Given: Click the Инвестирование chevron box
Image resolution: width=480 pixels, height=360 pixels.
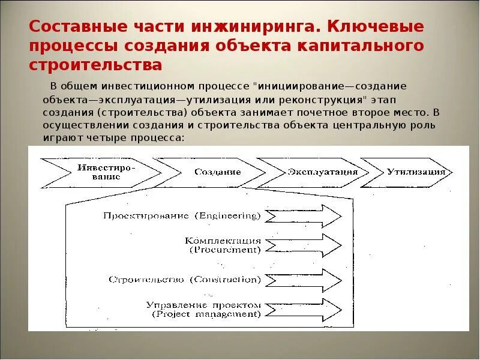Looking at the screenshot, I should tap(99, 172).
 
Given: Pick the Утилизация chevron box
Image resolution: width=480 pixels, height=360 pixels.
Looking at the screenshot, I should tap(408, 172).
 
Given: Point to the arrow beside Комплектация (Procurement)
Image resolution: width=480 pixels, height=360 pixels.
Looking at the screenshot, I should tap(302, 245).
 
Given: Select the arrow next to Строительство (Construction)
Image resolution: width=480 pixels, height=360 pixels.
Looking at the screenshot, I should tap(302, 280).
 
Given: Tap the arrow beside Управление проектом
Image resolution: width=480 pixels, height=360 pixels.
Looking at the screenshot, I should tap(302, 309).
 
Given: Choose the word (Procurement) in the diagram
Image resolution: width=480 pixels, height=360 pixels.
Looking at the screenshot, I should tap(226, 250).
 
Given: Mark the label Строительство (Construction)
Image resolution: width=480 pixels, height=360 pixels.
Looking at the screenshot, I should tap(185, 280).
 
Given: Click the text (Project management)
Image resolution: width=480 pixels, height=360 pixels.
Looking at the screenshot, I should tap(206, 314).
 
